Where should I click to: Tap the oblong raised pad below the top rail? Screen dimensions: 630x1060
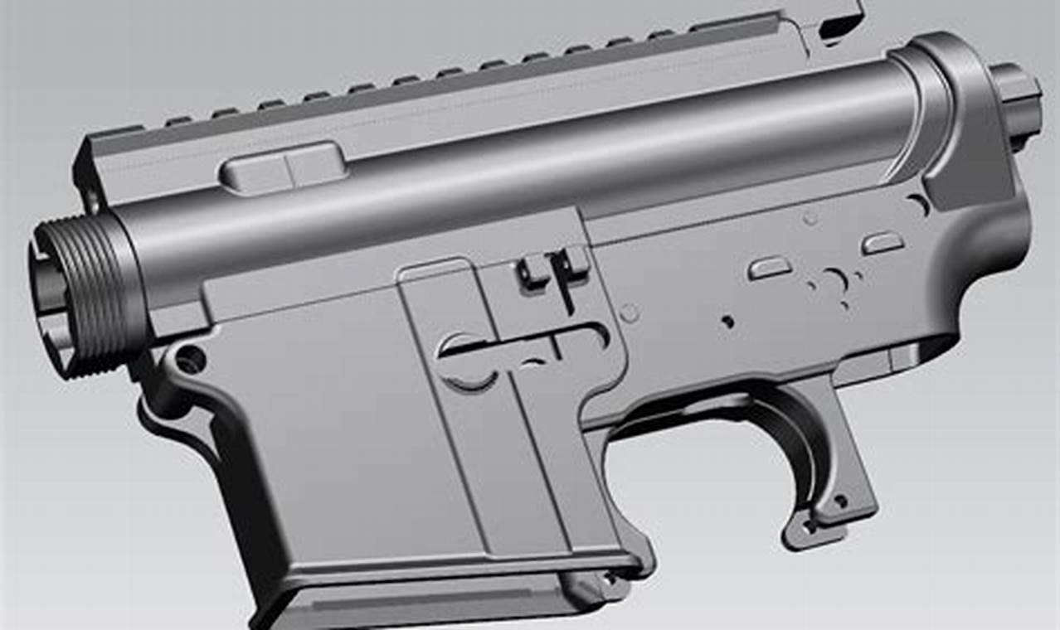click(x=283, y=165)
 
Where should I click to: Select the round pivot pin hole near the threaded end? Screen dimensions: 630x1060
click(x=190, y=359)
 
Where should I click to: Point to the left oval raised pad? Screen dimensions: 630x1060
click(x=769, y=267)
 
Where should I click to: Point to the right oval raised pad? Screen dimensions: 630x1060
click(x=883, y=242)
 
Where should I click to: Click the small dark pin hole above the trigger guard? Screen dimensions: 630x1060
click(x=727, y=321)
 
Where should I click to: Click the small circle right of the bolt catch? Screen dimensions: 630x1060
click(x=630, y=313)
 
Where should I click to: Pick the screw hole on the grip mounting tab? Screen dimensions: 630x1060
click(x=839, y=500)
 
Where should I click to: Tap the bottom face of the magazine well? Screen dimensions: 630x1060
click(x=415, y=601)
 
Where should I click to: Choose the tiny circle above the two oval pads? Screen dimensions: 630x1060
click(x=810, y=219)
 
